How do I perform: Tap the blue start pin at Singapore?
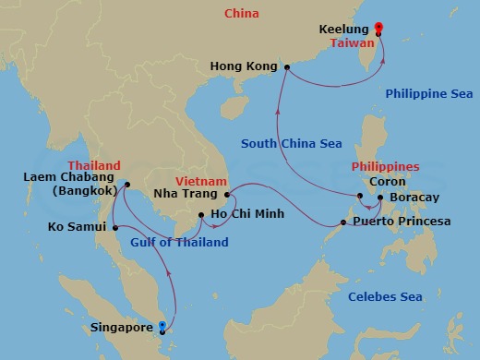click(x=162, y=326)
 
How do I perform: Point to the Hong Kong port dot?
click(x=286, y=66)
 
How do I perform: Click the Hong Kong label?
click(x=244, y=66)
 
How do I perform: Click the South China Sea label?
click(x=291, y=143)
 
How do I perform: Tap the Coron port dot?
click(x=360, y=195)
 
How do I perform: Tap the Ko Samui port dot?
click(x=115, y=227)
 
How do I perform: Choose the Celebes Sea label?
click(x=385, y=296)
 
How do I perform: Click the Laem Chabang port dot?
click(x=126, y=184)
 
